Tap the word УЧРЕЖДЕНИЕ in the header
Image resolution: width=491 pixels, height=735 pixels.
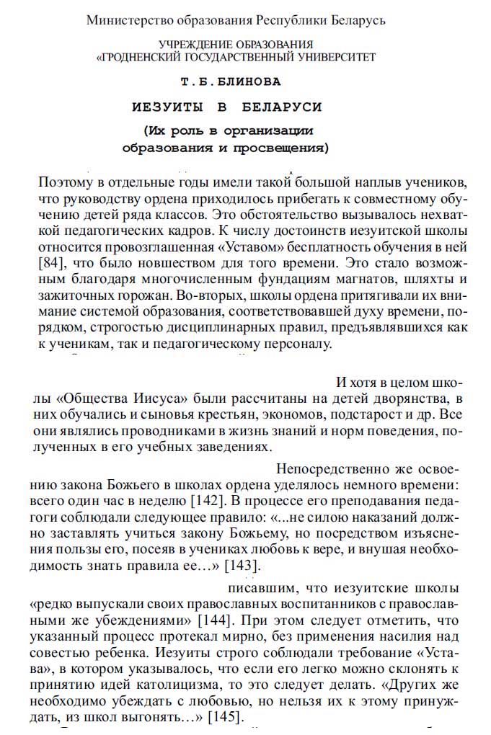tap(193, 45)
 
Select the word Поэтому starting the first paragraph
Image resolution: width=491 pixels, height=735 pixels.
tap(66, 181)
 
